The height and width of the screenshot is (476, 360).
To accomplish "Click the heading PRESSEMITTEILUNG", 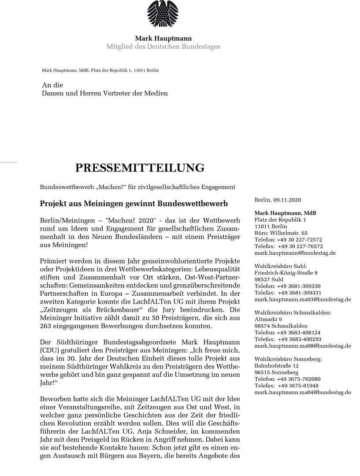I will click(x=140, y=168).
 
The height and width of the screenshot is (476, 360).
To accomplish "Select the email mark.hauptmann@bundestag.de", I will click(x=295, y=253).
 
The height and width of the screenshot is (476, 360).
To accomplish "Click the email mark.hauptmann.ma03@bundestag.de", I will click(x=303, y=299).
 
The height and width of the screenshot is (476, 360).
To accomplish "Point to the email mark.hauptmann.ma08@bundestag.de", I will click(x=303, y=346).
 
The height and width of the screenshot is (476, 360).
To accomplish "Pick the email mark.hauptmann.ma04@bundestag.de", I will click(x=303, y=392).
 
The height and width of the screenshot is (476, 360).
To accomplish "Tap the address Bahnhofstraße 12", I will click(x=277, y=366).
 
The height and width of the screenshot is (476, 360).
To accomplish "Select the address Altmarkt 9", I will click(x=268, y=319).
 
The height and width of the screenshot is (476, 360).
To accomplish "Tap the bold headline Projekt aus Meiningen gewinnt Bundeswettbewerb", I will click(x=134, y=205).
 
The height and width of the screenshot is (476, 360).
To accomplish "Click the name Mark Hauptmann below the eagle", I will click(x=163, y=39).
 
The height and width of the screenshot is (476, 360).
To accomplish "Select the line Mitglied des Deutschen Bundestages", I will click(x=163, y=47).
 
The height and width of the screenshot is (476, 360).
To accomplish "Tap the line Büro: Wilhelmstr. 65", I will click(x=281, y=233).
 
